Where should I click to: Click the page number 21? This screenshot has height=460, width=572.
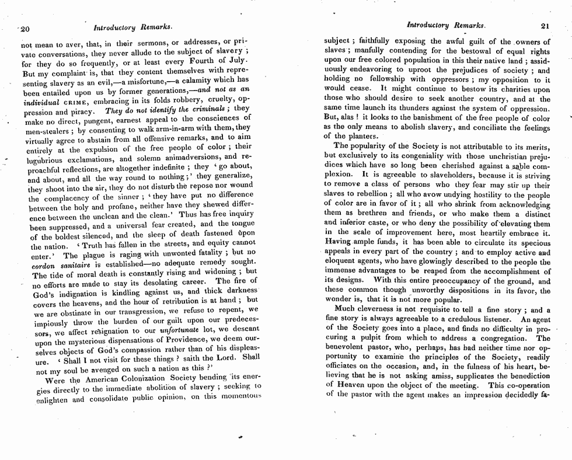[545, 26]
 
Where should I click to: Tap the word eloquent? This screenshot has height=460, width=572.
[341, 262]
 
